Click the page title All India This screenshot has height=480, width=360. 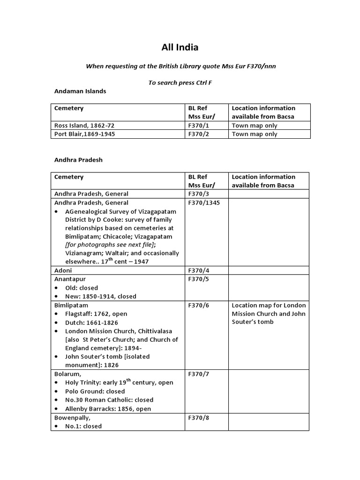[x=180, y=47]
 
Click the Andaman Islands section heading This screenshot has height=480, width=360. [x=80, y=91]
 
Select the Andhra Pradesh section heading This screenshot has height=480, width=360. [x=78, y=160]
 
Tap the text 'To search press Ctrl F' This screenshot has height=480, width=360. [x=180, y=82]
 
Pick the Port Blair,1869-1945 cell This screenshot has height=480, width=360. [x=85, y=134]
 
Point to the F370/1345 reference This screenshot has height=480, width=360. [x=204, y=203]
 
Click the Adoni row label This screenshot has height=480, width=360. [x=63, y=270]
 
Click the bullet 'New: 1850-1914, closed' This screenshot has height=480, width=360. [x=101, y=296]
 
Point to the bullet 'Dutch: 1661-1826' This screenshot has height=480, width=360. [x=92, y=322]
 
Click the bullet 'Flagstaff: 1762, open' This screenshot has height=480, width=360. [x=97, y=314]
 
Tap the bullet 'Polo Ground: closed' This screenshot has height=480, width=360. [x=95, y=391]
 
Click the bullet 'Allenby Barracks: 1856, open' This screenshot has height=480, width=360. [x=108, y=409]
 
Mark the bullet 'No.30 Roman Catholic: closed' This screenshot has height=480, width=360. [x=109, y=400]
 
